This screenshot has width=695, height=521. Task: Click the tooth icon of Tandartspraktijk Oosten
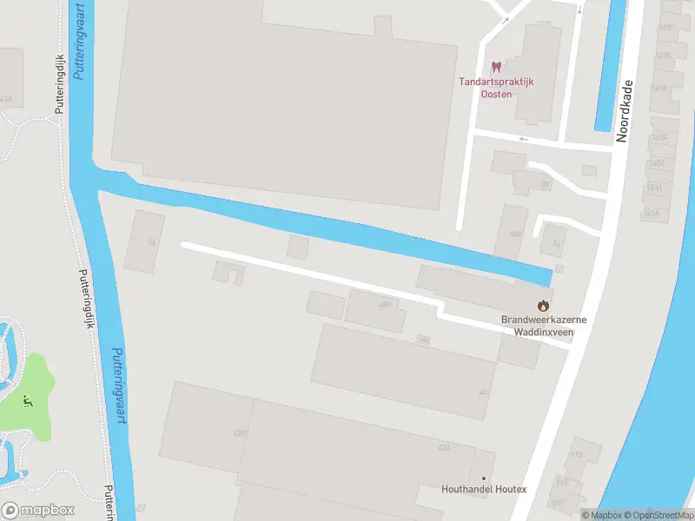pos(497,67)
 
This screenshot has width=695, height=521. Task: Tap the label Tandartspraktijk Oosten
pos(496,88)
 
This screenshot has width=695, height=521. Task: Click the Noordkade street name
pos(625,111)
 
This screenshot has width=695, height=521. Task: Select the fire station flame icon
pos(544,305)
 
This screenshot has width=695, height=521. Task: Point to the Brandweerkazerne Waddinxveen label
pos(544,325)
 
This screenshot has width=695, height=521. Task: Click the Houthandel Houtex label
pos(484,490)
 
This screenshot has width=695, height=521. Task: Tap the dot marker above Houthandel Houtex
pos(484,478)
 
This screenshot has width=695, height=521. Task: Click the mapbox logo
pos(38,511)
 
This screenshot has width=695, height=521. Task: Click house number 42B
pos(241,432)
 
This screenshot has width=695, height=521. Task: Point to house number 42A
pos(444,447)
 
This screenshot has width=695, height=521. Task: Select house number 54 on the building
pos(151,241)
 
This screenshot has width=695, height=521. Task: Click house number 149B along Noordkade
pos(663,55)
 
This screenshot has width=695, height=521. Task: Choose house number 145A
pos(658,164)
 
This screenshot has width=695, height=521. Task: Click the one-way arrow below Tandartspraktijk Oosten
pos(523,138)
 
